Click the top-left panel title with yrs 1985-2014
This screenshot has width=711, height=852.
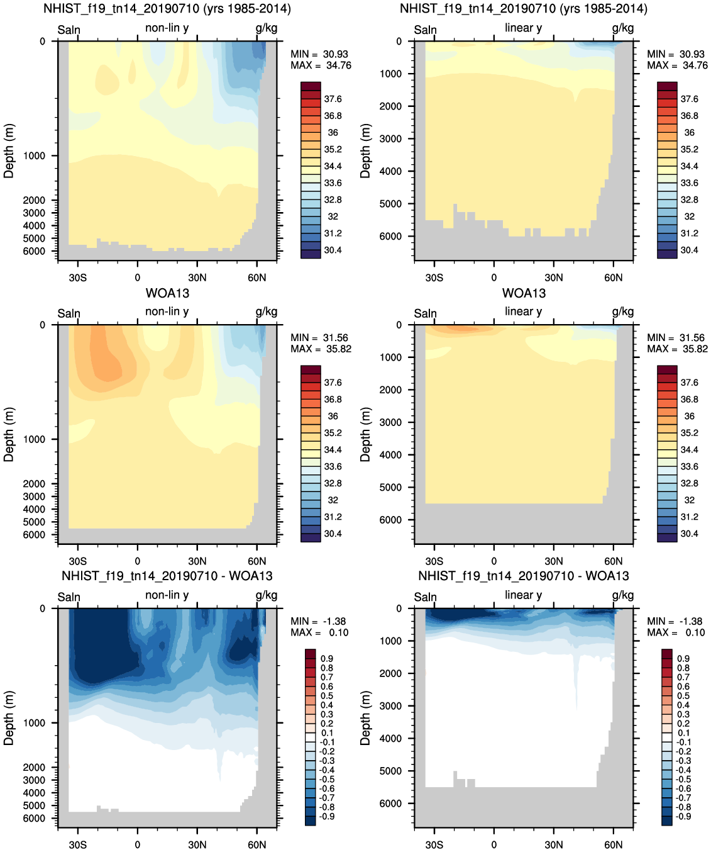167,9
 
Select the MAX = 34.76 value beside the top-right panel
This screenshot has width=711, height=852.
677,65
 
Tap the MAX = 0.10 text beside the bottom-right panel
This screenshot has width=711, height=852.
676,632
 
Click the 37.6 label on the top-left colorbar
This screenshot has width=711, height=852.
333,99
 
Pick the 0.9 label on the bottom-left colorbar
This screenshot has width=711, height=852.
327,658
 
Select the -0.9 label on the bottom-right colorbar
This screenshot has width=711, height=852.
683,816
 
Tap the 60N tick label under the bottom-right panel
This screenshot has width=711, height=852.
613,844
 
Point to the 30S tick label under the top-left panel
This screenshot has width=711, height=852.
77,277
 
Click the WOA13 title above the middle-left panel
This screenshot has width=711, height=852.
167,293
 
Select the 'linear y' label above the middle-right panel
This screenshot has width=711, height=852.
523,311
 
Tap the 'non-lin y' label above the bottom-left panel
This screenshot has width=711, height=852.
167,595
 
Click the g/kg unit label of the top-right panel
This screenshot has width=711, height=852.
622,28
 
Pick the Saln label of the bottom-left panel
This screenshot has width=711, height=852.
69,597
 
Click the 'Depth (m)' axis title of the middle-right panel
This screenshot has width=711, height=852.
365,434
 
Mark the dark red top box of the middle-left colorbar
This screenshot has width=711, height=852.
311,369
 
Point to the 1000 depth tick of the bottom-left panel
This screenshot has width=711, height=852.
34,723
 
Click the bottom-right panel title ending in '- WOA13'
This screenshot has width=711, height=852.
523,576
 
